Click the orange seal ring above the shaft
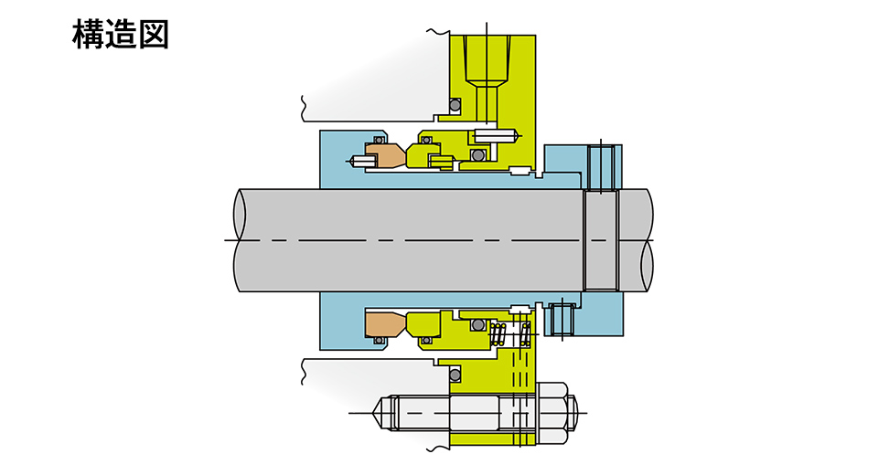click(x=383, y=156)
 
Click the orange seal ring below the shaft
click(x=384, y=322)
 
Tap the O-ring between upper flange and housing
click(x=454, y=106)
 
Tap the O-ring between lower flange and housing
click(x=454, y=375)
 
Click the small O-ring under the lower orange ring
click(x=376, y=341)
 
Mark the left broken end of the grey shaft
click(x=241, y=240)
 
